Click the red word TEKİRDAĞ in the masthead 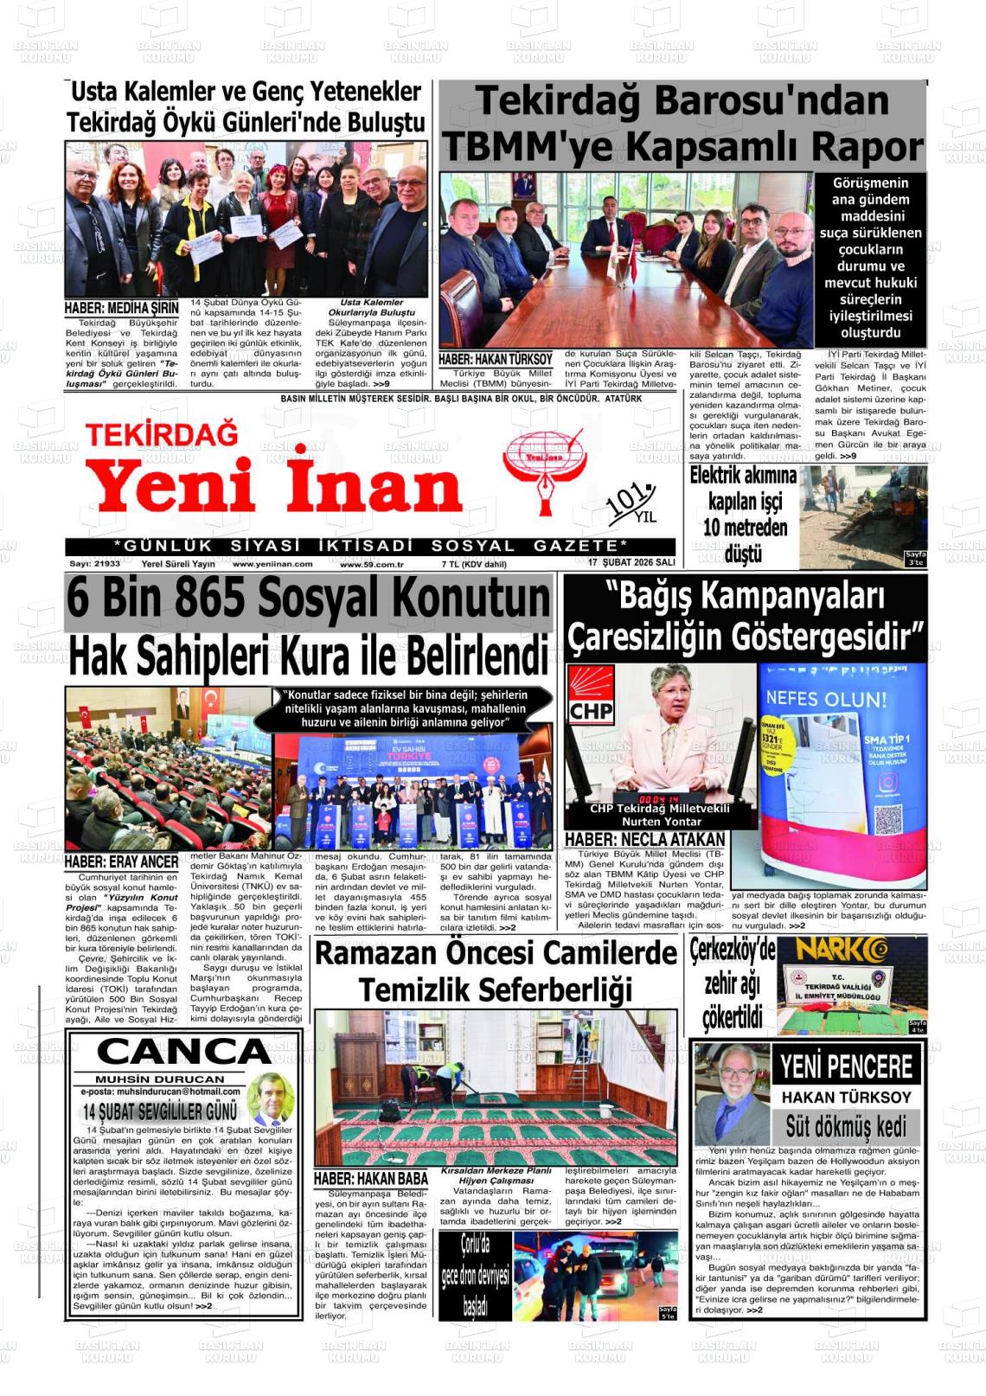(161, 433)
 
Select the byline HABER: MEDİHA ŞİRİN (122, 308)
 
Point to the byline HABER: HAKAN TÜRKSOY (495, 359)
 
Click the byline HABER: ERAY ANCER (122, 862)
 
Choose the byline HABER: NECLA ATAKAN (644, 840)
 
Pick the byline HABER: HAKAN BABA (370, 1178)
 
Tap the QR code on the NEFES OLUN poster (890, 817)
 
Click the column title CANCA (183, 1053)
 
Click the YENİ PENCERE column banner (846, 1066)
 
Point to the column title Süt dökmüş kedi (845, 1126)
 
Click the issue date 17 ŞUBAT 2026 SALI (631, 563)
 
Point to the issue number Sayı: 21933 (95, 564)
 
